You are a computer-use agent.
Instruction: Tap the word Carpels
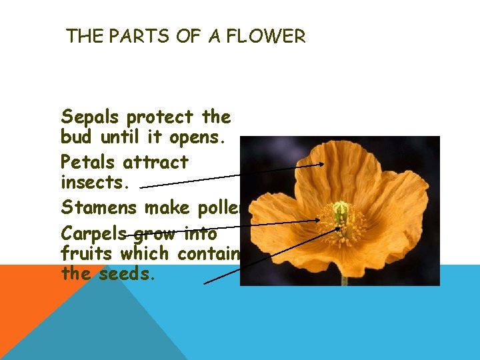(94, 234)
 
